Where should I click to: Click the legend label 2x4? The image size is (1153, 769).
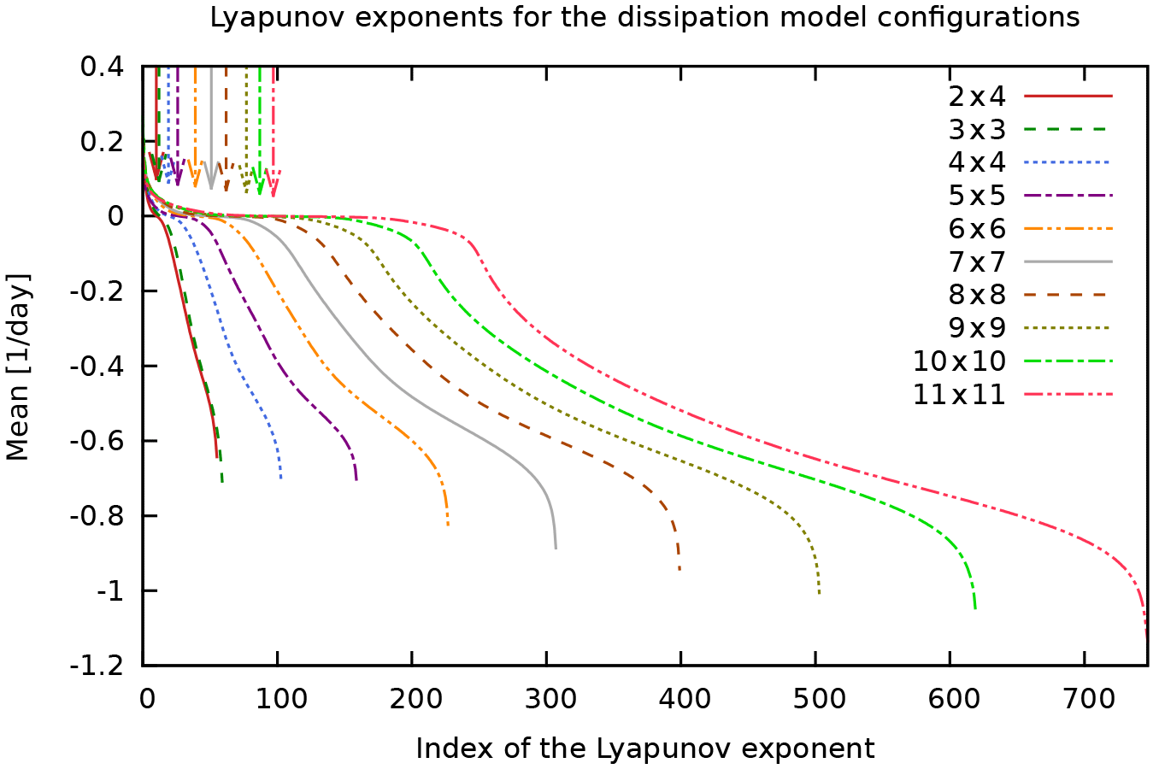[x=976, y=97]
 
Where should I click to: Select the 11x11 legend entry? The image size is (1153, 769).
[x=959, y=395]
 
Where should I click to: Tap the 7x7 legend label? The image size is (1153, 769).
[x=976, y=262]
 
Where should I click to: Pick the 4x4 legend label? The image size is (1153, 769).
[x=976, y=162]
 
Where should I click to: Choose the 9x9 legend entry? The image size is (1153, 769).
[x=976, y=328]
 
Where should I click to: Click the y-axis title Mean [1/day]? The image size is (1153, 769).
[x=18, y=367]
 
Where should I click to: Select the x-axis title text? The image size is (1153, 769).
[x=644, y=748]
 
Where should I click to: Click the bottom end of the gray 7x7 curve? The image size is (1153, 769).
[x=556, y=548]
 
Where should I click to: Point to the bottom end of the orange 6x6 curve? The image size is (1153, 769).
[x=448, y=524]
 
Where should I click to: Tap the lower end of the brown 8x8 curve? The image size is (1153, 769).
[x=679, y=569]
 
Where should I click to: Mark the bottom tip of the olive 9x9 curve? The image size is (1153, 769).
[x=819, y=593]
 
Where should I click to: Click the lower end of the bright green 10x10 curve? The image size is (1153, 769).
[x=975, y=608]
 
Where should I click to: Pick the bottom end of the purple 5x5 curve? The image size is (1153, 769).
[x=356, y=479]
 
